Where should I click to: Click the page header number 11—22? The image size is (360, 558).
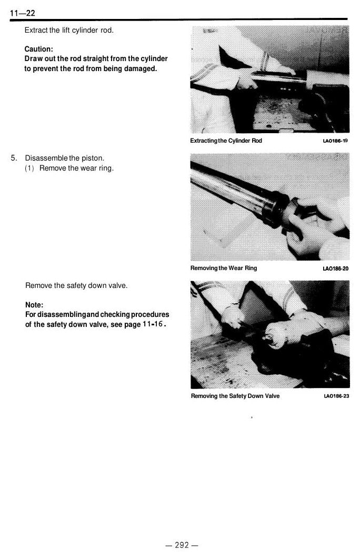coord(23,13)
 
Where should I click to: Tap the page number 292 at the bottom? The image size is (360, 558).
coord(182,545)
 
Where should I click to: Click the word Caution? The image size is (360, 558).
coord(39,49)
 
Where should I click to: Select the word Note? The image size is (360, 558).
coord(34,305)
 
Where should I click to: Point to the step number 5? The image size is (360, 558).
coord(14,158)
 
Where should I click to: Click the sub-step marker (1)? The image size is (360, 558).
coord(29,168)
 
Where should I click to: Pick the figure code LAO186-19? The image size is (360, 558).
coord(335,141)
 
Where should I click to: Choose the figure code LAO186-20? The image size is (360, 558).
coord(335,268)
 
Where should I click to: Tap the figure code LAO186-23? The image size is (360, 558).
coord(336,396)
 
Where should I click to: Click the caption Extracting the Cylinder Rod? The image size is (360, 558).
coord(226,141)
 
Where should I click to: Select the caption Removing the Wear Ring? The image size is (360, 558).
coord(223,268)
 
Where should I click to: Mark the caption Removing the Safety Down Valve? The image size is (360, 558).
coord(235,396)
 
